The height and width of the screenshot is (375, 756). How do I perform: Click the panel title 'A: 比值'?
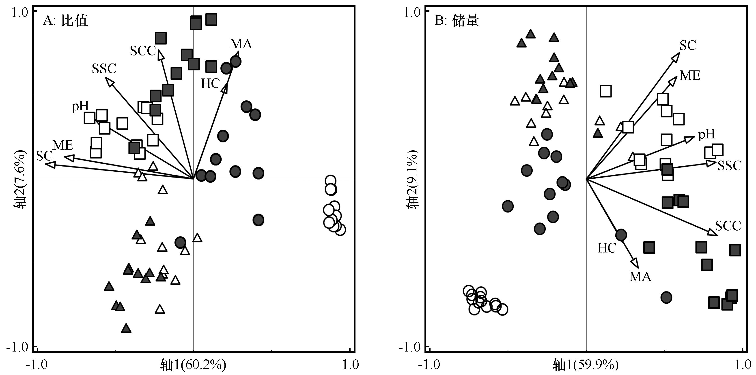coord(65,21)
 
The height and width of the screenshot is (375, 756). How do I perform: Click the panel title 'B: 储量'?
coord(457,21)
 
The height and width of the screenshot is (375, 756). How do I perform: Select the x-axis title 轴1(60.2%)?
coord(193,365)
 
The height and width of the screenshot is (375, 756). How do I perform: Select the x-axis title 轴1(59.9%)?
coord(586,365)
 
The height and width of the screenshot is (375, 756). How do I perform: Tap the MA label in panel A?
coord(241,44)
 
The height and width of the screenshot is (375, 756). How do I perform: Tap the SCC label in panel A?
coord(143,51)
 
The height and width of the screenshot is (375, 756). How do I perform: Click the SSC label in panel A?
coord(104,69)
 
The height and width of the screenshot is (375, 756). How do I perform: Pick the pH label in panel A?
coord(80,106)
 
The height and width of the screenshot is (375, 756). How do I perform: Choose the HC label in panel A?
coord(210,84)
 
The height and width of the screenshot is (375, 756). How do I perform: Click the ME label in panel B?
coord(690,76)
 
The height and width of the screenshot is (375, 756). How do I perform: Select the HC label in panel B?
coord(607,248)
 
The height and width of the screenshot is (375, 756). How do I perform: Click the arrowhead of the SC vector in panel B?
coord(676,57)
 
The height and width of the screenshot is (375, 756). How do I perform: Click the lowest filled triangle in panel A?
coord(126,328)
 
